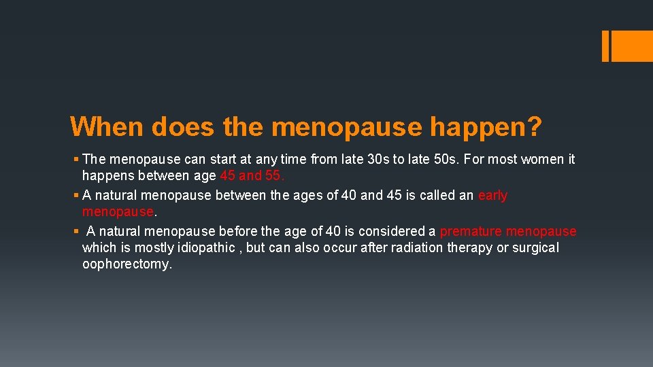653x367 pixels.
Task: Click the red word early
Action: pyautogui.click(x=492, y=196)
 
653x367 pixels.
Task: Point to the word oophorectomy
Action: pyautogui.click(x=127, y=264)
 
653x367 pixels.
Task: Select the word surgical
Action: pyautogui.click(x=536, y=248)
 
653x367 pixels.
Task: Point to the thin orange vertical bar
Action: pyautogui.click(x=606, y=46)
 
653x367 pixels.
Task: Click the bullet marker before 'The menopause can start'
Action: pyautogui.click(x=75, y=160)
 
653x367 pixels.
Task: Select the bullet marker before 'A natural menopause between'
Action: pyautogui.click(x=75, y=196)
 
